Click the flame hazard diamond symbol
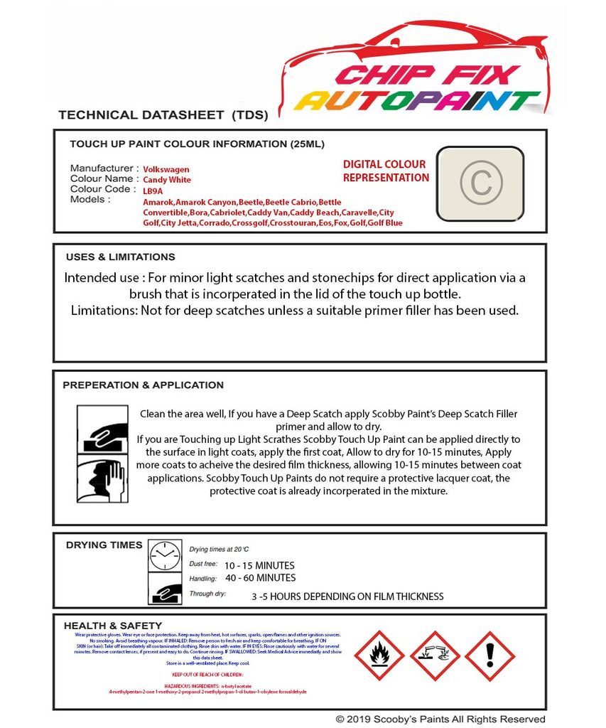click(x=379, y=656)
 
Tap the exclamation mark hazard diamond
click(x=489, y=656)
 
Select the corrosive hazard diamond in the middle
click(x=435, y=656)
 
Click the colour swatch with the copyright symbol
click(x=480, y=183)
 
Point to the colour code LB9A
click(x=153, y=191)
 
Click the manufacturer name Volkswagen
click(x=166, y=170)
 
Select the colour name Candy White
click(x=167, y=181)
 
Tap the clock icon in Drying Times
click(x=165, y=555)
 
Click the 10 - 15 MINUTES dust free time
click(x=259, y=566)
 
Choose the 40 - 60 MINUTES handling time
click(x=260, y=578)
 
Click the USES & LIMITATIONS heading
click(x=120, y=257)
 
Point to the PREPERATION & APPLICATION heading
click(x=143, y=385)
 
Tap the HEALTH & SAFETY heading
click(x=114, y=626)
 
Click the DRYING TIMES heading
click(x=104, y=545)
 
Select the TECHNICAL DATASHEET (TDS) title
click(x=163, y=115)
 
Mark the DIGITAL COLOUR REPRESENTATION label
click(x=386, y=171)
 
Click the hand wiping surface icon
click(x=102, y=429)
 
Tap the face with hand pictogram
click(x=102, y=480)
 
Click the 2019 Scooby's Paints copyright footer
click(x=440, y=719)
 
